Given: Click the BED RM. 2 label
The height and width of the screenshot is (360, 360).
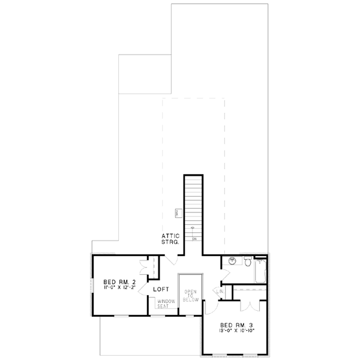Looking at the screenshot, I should [x=117, y=282].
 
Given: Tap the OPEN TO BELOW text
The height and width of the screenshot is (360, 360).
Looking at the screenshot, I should [x=191, y=295].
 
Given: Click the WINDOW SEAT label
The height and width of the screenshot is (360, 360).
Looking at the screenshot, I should [x=166, y=304].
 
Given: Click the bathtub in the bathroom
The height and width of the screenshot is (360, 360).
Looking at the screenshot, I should [x=260, y=271].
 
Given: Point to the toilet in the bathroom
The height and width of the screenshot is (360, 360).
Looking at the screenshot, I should [x=247, y=261].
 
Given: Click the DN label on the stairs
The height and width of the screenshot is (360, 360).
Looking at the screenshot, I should [x=194, y=239].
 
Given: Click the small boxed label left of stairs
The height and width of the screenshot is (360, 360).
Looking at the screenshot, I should [x=178, y=212].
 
